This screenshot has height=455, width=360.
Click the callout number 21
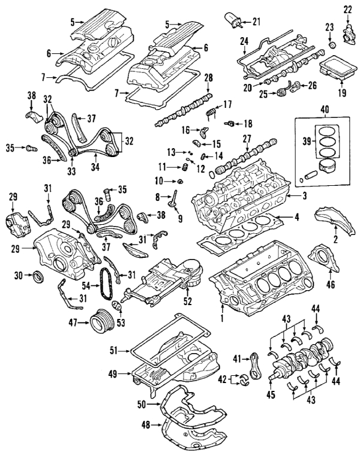click(257, 22)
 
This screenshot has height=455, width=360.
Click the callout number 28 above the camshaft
click(208, 79)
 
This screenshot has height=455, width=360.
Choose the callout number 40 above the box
click(325, 110)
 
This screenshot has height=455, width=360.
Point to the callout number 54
click(86, 288)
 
